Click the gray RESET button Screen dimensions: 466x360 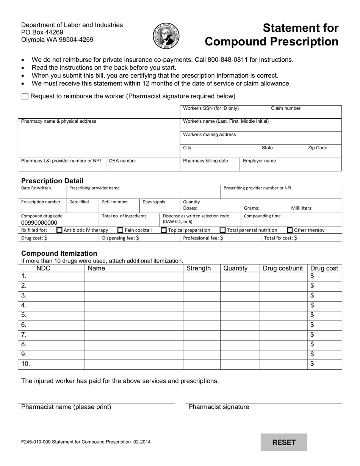(284, 442)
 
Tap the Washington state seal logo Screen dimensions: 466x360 (166, 36)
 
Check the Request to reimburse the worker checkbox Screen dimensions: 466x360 (25, 96)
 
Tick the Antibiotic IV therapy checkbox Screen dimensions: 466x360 (59, 230)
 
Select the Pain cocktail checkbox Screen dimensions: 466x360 (120, 230)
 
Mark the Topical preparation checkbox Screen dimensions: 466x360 (164, 230)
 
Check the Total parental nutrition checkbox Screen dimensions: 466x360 (223, 230)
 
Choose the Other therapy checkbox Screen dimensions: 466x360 (290, 230)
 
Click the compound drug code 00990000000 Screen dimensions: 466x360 (39, 223)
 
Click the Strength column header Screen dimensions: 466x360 (199, 268)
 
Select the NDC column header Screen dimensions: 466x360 (43, 268)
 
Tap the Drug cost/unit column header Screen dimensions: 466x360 (283, 268)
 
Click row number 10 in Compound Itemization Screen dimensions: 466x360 (25, 364)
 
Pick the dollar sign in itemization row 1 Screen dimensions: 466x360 (312, 276)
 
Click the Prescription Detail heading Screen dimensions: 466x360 (52, 181)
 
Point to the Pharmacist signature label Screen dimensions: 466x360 (219, 407)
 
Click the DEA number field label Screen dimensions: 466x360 (122, 161)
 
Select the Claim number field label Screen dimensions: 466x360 (286, 108)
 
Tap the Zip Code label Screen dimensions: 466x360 (317, 148)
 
